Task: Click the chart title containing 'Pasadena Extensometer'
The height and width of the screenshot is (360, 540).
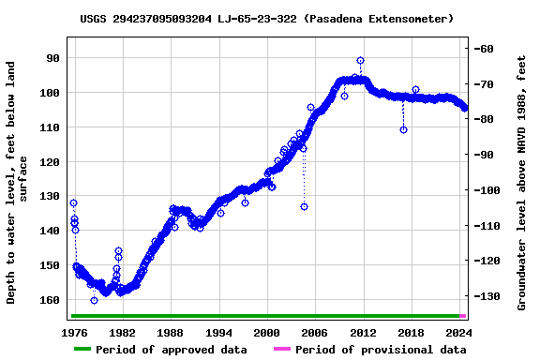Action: (x=267, y=19)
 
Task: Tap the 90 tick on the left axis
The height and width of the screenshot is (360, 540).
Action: (x=52, y=58)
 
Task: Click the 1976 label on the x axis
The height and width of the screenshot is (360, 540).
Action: (x=74, y=333)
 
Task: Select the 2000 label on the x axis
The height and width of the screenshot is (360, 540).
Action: (x=267, y=333)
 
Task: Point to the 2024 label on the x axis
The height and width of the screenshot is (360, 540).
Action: (x=459, y=333)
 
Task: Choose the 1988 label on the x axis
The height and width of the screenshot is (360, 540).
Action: (x=171, y=333)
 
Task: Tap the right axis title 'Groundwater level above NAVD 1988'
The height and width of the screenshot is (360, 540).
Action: (x=522, y=183)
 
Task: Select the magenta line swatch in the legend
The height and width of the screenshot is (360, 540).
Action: (x=281, y=350)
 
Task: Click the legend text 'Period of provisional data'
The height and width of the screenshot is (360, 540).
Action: (x=381, y=350)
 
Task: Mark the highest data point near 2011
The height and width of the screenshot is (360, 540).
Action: (x=360, y=61)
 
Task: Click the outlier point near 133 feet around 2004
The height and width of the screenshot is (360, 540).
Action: (x=304, y=206)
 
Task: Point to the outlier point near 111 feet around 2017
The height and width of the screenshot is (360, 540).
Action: (x=403, y=129)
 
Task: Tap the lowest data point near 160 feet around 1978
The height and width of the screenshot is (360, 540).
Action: (x=94, y=300)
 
